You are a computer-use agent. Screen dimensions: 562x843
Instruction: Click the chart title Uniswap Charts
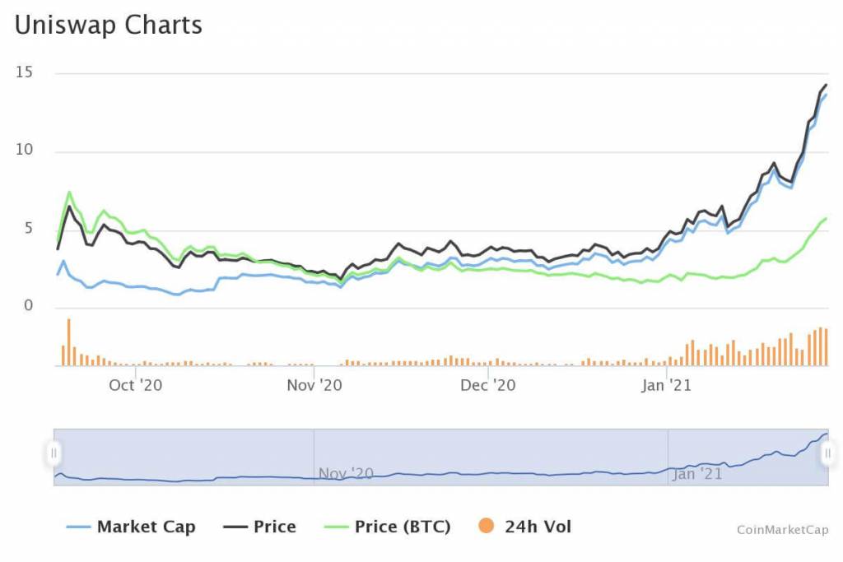click(x=108, y=26)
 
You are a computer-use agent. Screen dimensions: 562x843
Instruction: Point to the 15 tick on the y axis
click(x=24, y=72)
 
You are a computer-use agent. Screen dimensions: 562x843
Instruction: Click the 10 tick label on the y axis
click(x=24, y=151)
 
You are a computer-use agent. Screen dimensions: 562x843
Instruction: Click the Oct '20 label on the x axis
click(x=136, y=384)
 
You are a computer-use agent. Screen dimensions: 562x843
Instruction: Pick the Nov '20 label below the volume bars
click(x=314, y=384)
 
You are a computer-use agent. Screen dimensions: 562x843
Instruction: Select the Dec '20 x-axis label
click(x=487, y=384)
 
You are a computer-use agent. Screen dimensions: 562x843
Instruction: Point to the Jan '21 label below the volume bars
click(x=665, y=384)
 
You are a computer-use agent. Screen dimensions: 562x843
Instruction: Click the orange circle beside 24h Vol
click(x=487, y=527)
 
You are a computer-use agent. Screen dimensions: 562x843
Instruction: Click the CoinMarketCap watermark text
click(x=782, y=531)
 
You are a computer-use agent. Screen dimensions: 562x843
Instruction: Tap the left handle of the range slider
click(x=54, y=453)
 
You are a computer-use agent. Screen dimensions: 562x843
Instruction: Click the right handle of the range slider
click(x=828, y=453)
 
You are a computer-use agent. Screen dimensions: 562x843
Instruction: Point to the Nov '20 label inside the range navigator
click(x=346, y=473)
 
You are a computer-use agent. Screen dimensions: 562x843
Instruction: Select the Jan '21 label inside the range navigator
click(x=696, y=473)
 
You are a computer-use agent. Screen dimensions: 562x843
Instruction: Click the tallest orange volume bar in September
click(x=68, y=342)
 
